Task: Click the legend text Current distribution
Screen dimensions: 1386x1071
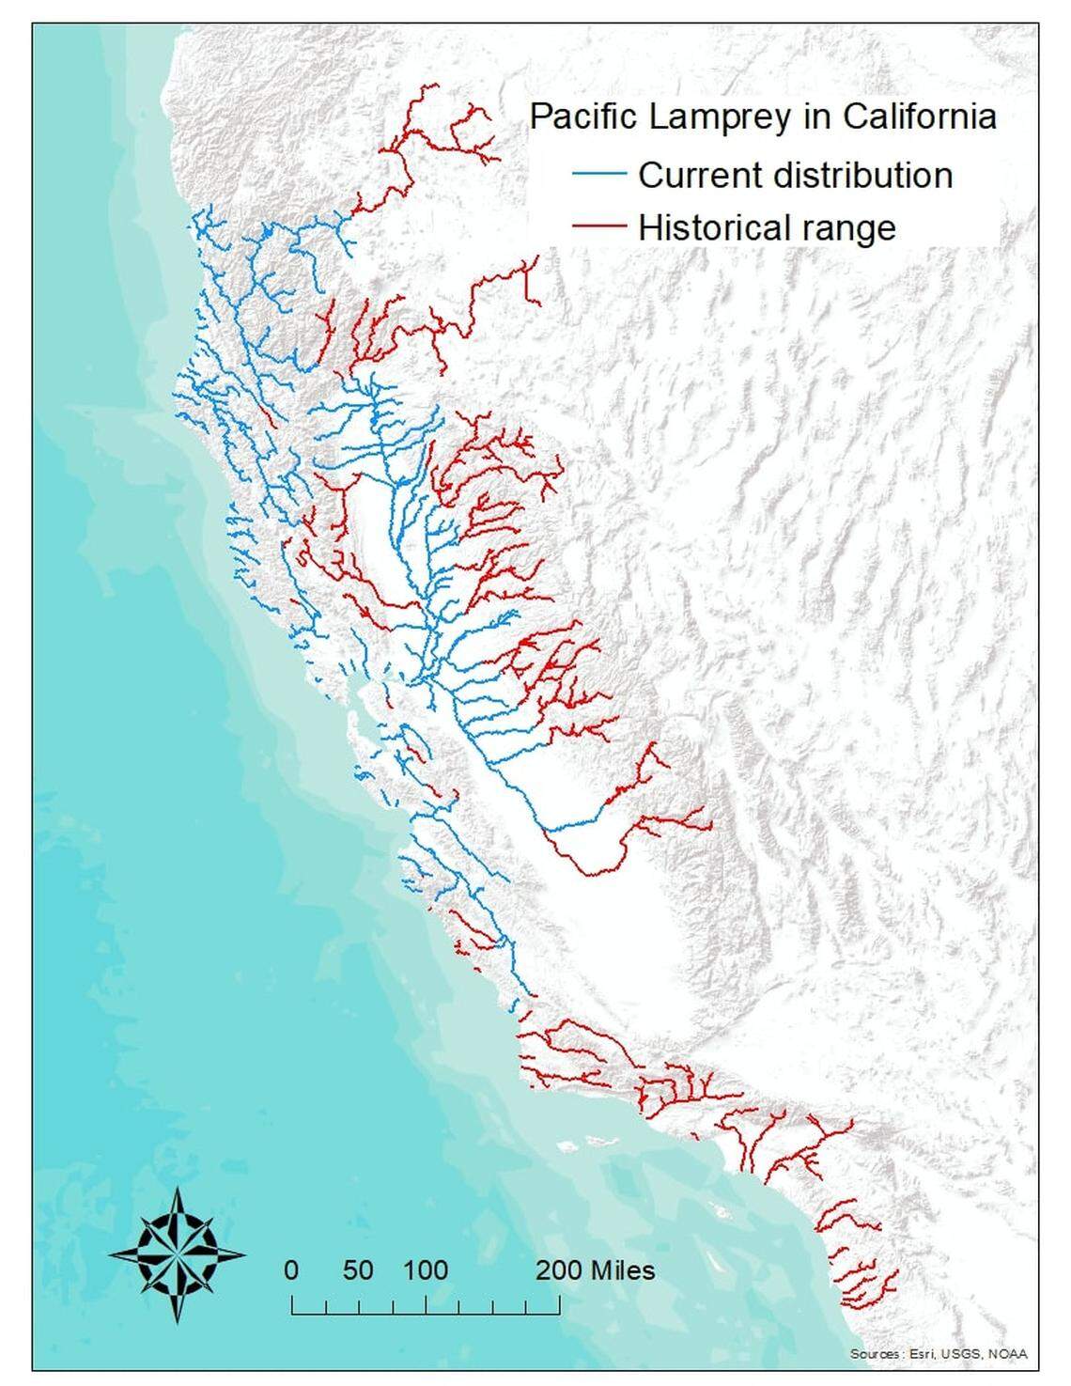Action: click(795, 176)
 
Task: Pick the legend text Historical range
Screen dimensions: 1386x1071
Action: click(767, 227)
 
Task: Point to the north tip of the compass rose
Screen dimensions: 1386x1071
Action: click(178, 1188)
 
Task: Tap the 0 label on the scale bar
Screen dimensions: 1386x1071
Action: click(291, 1270)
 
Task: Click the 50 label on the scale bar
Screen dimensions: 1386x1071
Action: click(358, 1270)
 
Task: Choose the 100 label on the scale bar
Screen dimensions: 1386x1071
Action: click(426, 1270)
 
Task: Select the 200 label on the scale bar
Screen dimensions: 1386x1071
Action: click(560, 1270)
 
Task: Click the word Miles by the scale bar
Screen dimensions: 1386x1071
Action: click(622, 1270)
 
